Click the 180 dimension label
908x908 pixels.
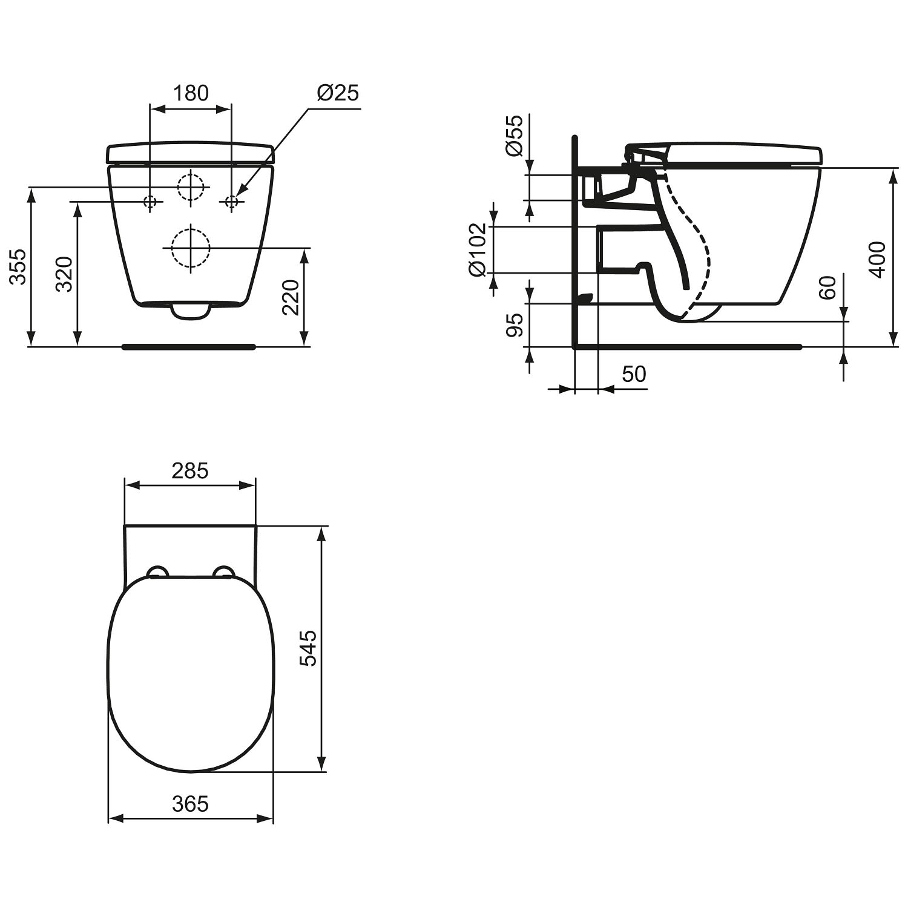191,93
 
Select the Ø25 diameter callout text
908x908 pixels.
337,93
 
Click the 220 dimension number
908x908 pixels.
291,297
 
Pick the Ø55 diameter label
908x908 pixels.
515,136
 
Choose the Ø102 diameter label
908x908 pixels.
478,249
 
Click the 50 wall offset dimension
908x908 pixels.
634,374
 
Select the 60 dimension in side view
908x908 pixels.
828,287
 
